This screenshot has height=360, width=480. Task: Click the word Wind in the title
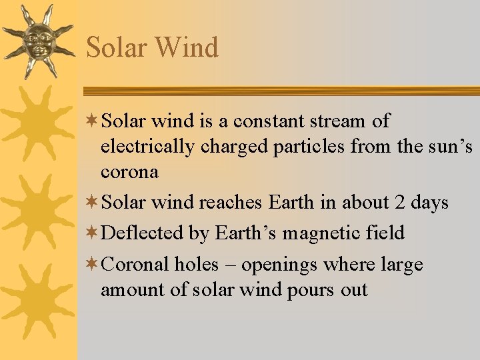pyautogui.click(x=186, y=48)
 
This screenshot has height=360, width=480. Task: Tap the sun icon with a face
pyautogui.click(x=37, y=40)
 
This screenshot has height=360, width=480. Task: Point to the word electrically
pyautogui.click(x=139, y=147)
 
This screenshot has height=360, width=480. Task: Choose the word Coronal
pyautogui.click(x=137, y=265)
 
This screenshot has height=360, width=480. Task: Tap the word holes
pyautogui.click(x=196, y=265)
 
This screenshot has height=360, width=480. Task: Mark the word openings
pyautogui.click(x=279, y=265)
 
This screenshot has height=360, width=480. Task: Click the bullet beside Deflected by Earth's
pyautogui.click(x=94, y=233)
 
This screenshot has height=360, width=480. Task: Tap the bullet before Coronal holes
pyautogui.click(x=94, y=265)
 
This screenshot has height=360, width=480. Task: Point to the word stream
pyautogui.click(x=335, y=121)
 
